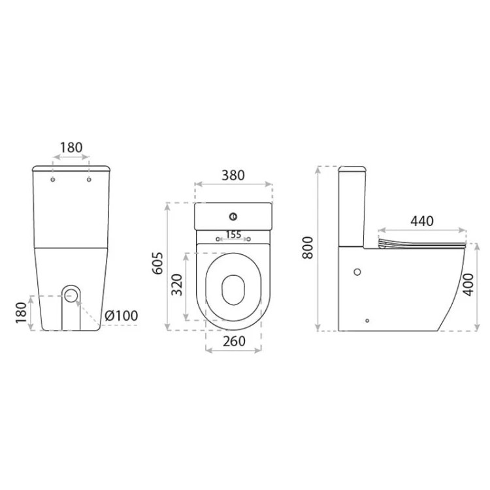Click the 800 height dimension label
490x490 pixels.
308,248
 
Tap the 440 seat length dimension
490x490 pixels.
422,221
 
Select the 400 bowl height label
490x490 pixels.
468,284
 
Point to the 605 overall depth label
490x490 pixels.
158,263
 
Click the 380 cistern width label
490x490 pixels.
233,175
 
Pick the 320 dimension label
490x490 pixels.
177,285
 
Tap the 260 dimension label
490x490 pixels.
234,341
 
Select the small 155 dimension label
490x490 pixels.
233,235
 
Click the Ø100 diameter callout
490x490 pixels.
122,316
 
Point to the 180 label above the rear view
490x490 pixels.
71,148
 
